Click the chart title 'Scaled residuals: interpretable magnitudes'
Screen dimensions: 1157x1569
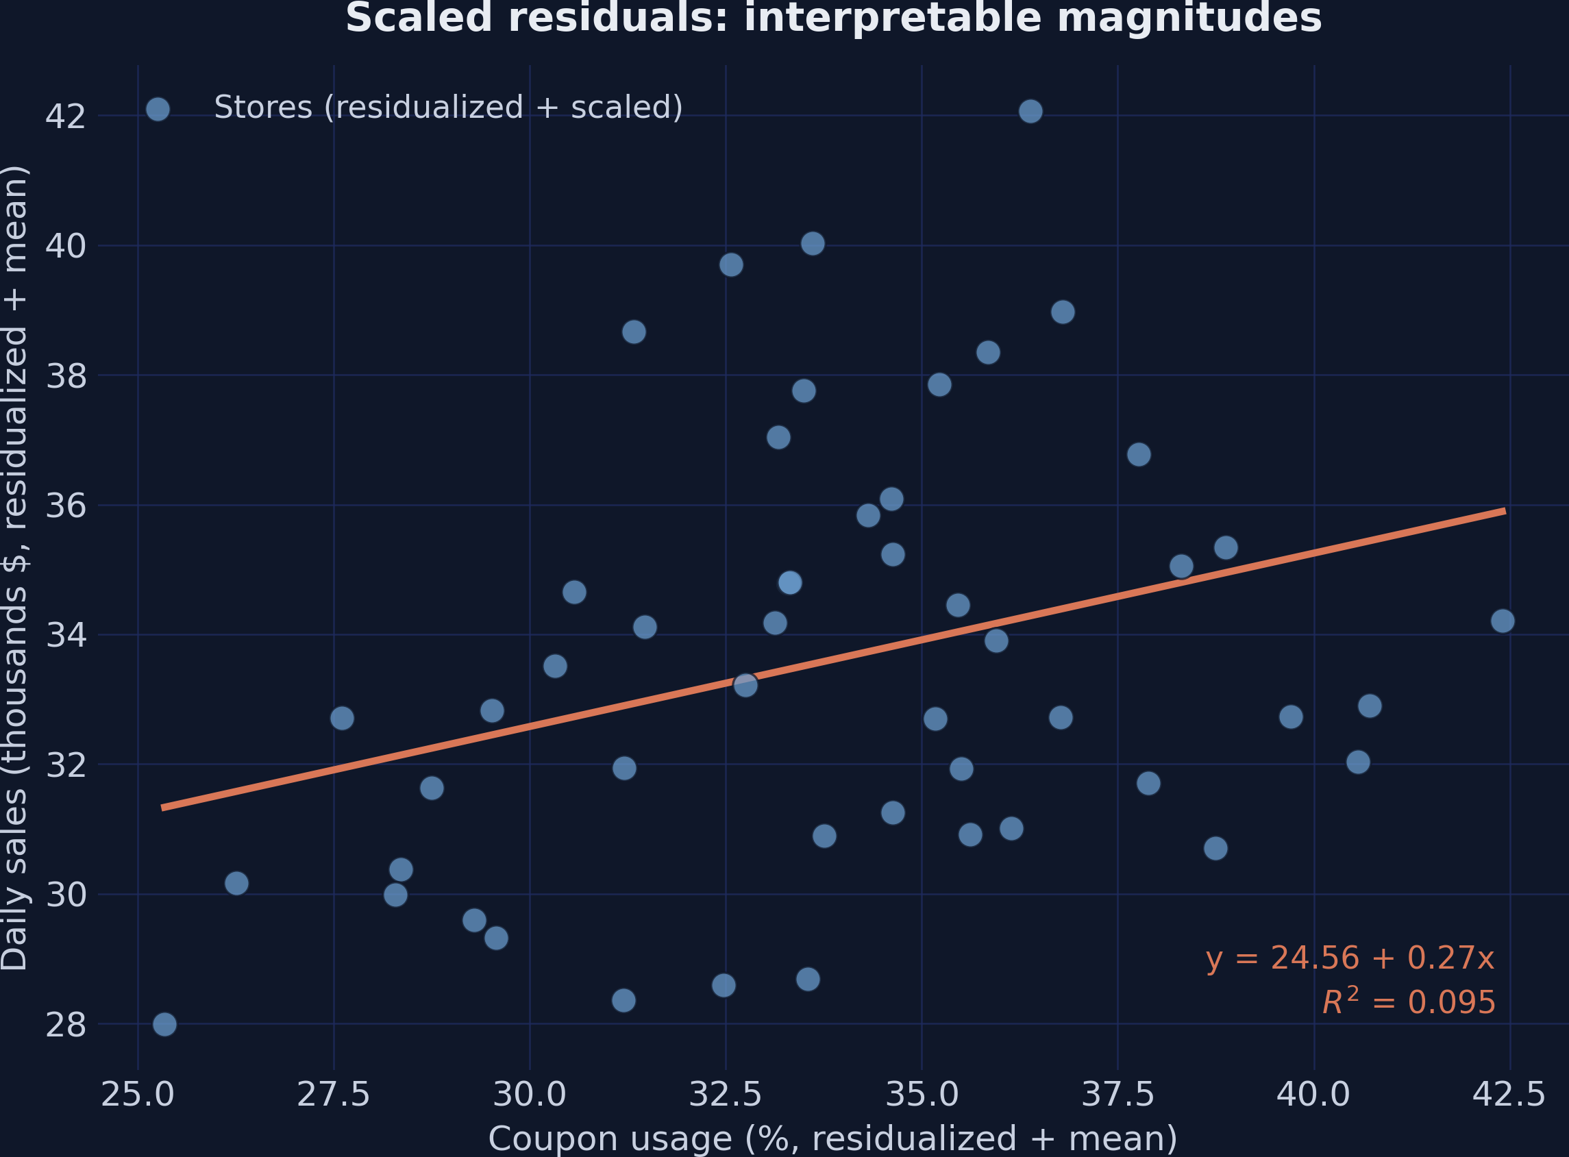tap(834, 18)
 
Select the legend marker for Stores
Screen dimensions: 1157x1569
tap(158, 109)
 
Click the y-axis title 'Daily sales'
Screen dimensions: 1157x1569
tap(15, 568)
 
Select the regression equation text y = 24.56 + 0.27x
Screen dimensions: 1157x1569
tap(1350, 958)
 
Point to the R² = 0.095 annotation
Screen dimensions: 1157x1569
tap(1409, 1002)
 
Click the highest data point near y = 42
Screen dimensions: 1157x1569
tap(1030, 112)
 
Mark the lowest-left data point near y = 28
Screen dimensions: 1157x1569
tap(164, 1025)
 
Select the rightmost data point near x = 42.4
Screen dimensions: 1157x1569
tap(1503, 621)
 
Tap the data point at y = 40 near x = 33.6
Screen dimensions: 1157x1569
tap(813, 244)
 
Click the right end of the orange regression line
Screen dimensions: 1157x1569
tap(1505, 511)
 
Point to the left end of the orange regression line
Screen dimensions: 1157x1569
tap(162, 808)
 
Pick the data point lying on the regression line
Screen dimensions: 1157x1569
tap(745, 685)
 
